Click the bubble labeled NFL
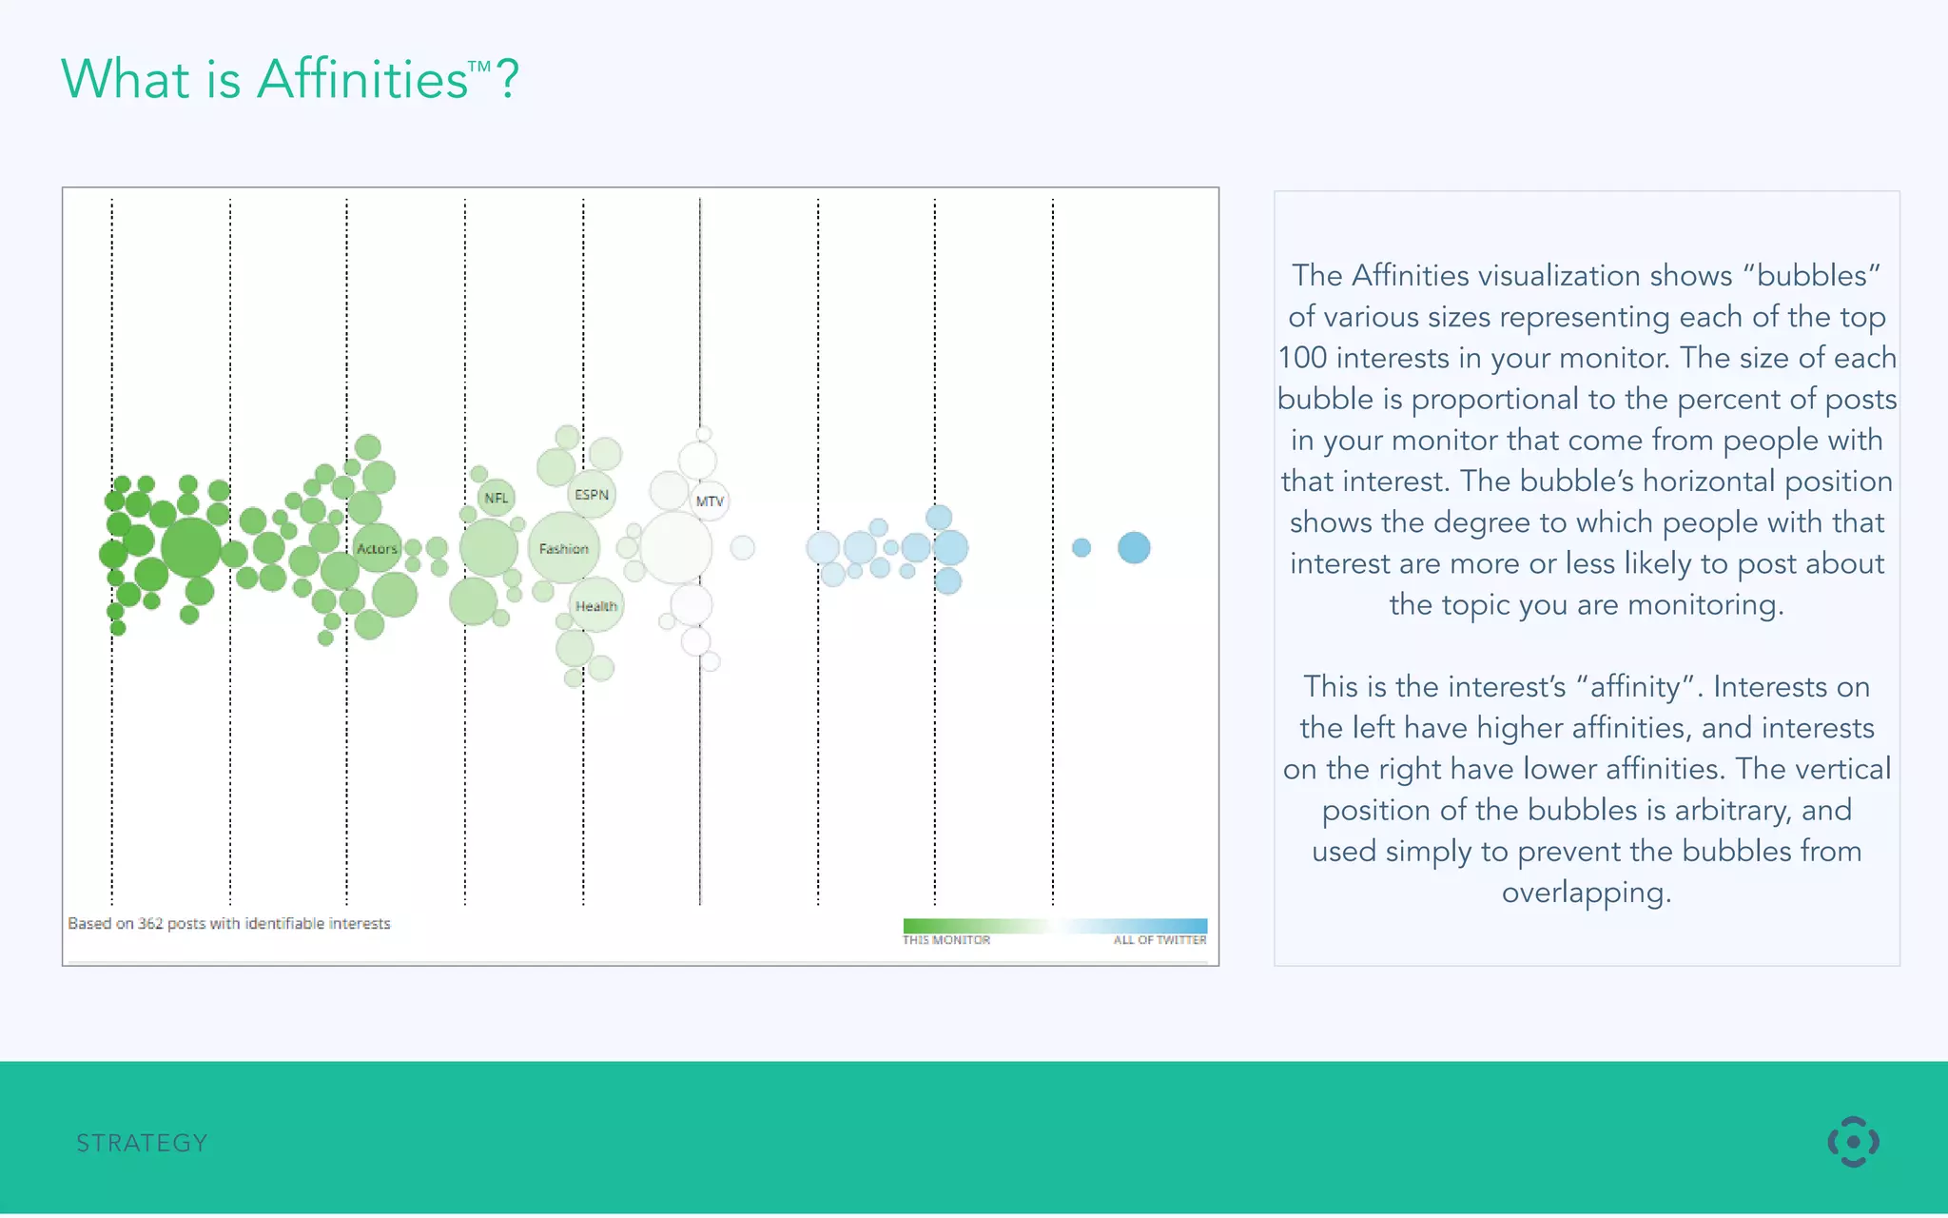[496, 498]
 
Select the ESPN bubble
[592, 495]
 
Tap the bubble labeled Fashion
[564, 548]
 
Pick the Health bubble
[596, 606]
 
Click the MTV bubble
[710, 501]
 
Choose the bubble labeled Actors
[377, 548]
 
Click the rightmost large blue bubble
[1134, 547]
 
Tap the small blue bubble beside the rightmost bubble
[1081, 547]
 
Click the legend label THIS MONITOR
[946, 940]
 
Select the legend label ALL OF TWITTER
[1159, 940]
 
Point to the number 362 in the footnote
[150, 923]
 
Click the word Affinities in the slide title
[362, 79]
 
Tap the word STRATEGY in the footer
[142, 1143]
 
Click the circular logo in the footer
[1853, 1142]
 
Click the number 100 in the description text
[1302, 358]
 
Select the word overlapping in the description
[1587, 893]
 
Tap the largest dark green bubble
[191, 547]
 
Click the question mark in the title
[508, 79]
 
